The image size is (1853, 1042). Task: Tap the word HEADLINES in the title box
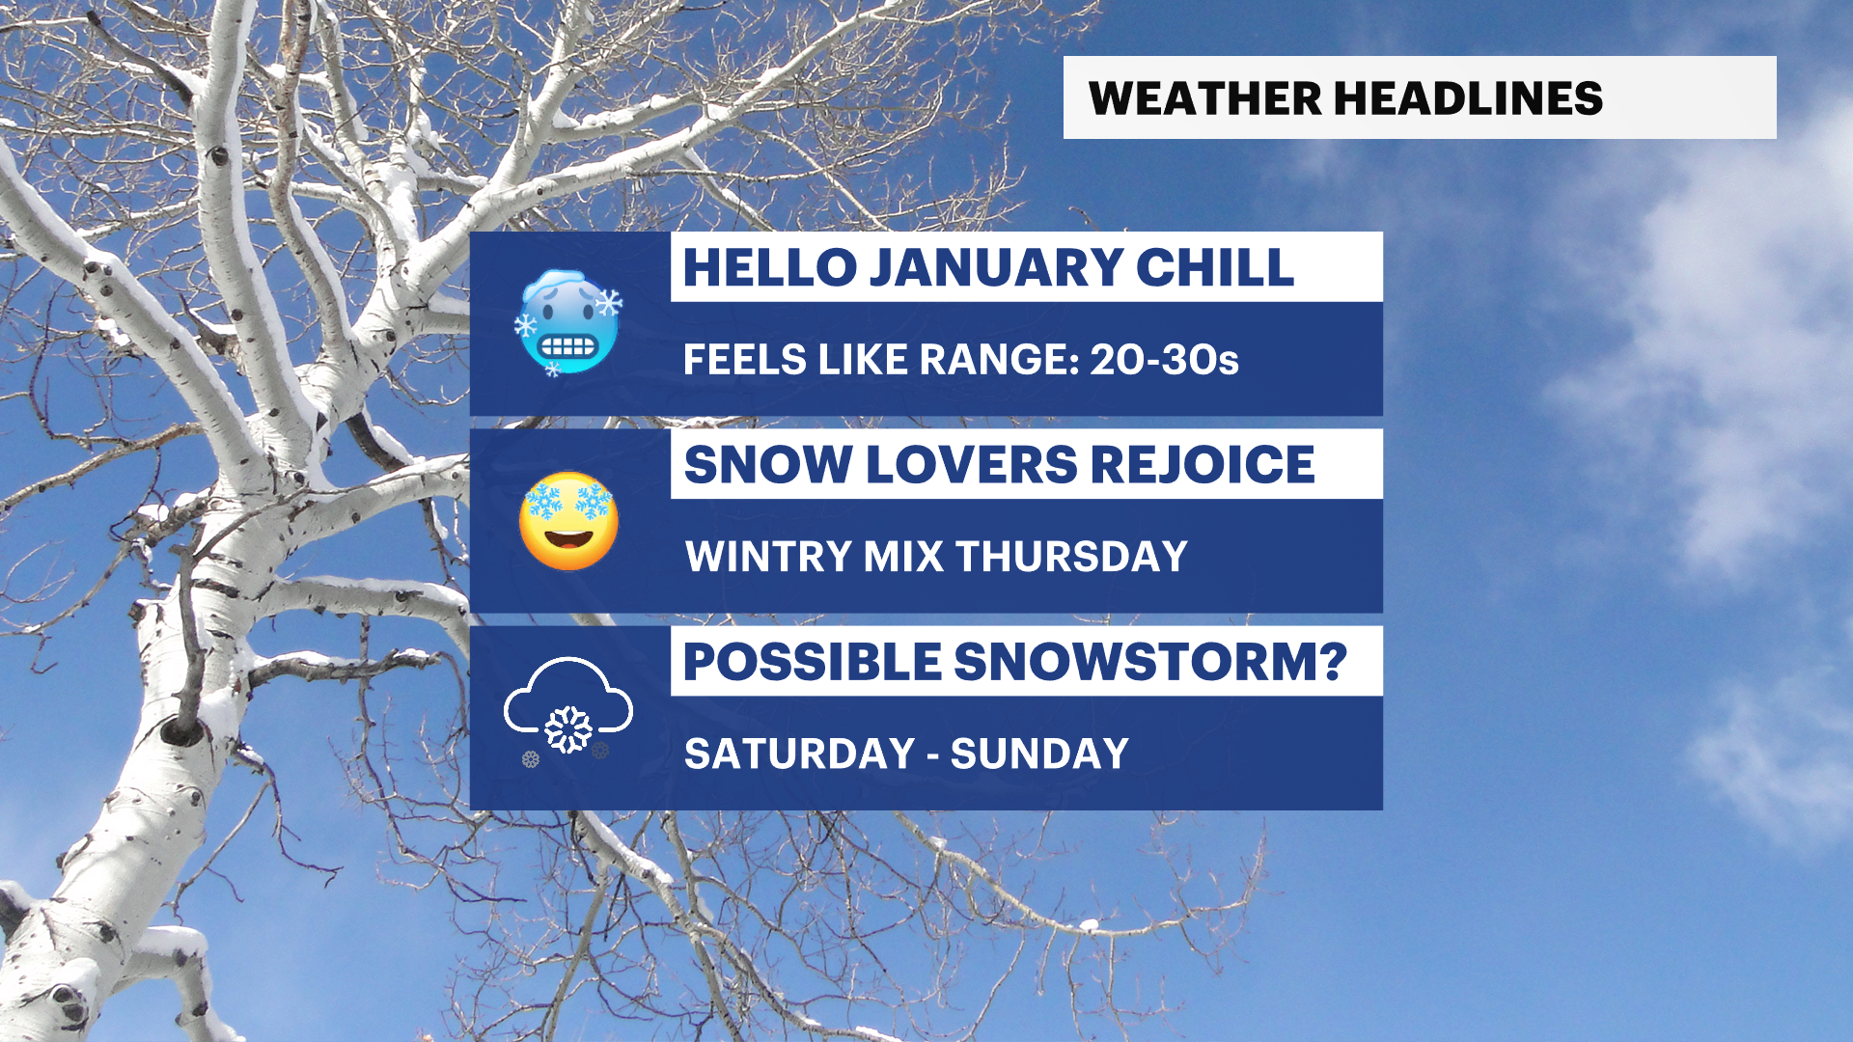click(1468, 98)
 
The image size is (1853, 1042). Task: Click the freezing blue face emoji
click(568, 322)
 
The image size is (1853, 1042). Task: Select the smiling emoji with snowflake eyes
click(568, 521)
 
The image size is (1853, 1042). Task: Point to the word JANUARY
click(996, 267)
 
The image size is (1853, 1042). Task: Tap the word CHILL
click(1214, 267)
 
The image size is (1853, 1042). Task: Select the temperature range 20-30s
click(1164, 360)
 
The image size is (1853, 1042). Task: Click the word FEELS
click(745, 360)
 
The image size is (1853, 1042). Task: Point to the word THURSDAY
click(1071, 557)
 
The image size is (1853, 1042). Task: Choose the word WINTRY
click(768, 557)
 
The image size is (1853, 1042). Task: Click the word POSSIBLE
click(813, 662)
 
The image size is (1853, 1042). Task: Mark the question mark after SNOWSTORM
click(1333, 662)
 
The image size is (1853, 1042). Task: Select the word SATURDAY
click(800, 754)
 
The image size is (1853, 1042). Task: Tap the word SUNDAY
click(1039, 754)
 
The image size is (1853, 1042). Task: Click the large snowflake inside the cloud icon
click(568, 729)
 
